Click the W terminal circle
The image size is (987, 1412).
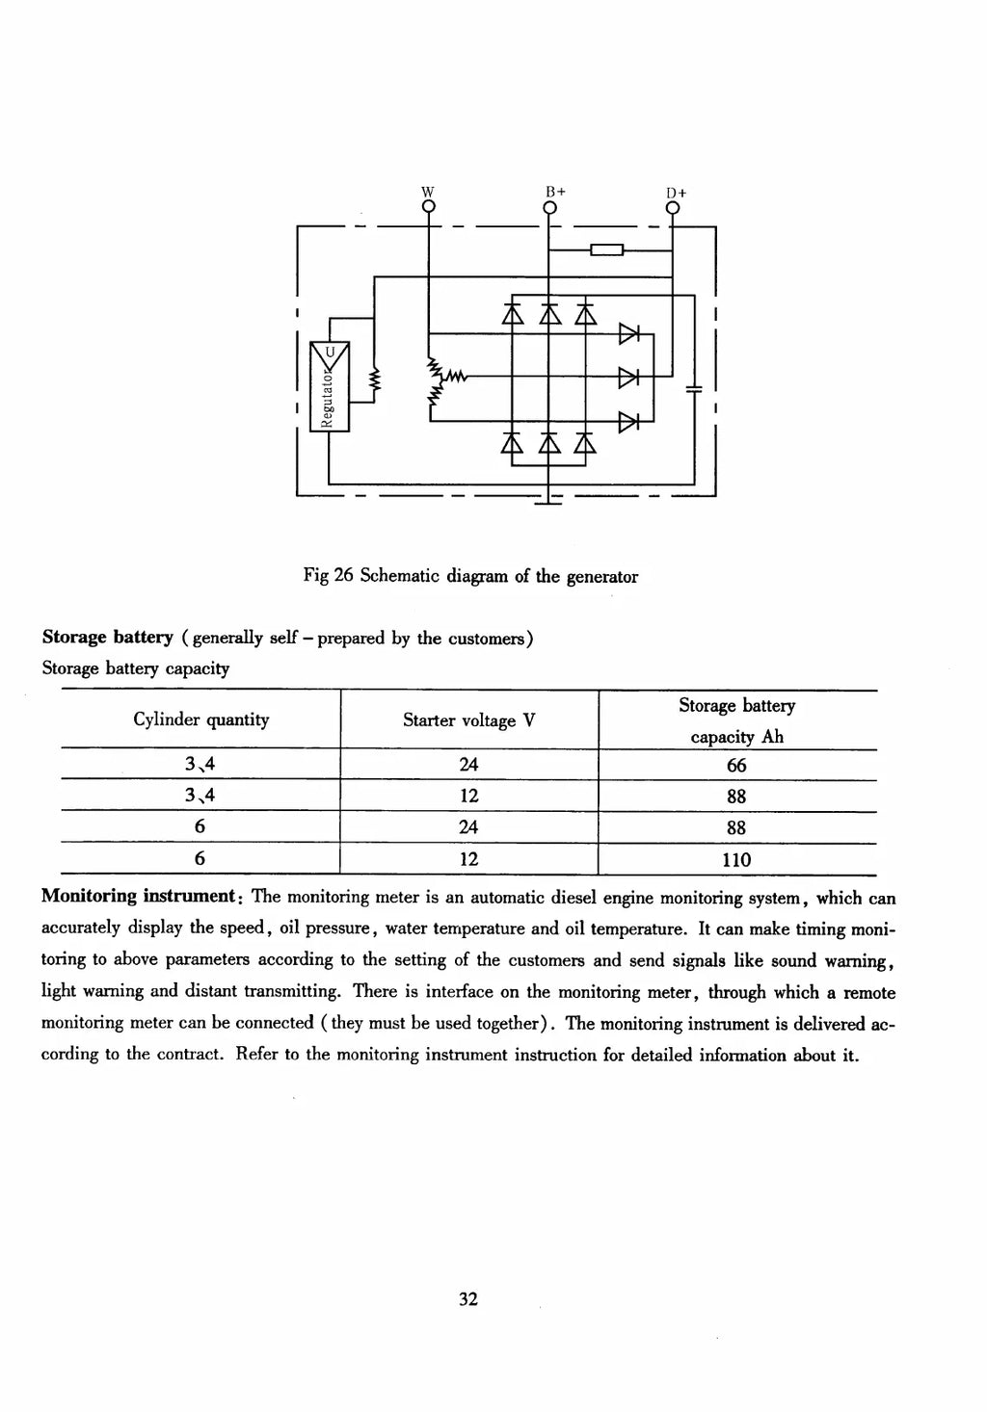[x=428, y=207]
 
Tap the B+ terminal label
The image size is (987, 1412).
[x=555, y=191]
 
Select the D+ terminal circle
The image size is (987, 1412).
[x=674, y=208]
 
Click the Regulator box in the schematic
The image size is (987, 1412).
[x=330, y=386]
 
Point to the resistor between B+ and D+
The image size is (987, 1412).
[x=606, y=250]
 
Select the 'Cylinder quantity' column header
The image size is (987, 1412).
[x=201, y=719]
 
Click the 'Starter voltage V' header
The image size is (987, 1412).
[x=469, y=719]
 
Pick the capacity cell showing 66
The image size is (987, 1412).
[x=736, y=766]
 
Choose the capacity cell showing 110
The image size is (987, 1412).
[x=736, y=860]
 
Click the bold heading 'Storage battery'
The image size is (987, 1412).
[x=107, y=638]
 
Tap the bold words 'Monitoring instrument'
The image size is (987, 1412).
[x=139, y=896]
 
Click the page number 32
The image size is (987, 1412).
[x=468, y=1298]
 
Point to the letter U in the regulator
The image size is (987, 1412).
[x=330, y=352]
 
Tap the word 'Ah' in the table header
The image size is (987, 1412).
[x=772, y=737]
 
